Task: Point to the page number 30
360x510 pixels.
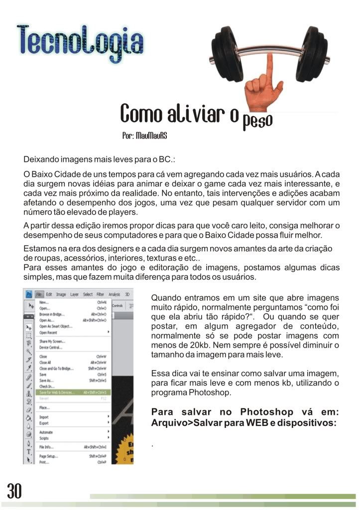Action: click(x=14, y=491)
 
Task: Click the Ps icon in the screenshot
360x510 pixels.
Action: click(x=29, y=294)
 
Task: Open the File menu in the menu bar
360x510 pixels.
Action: click(x=40, y=294)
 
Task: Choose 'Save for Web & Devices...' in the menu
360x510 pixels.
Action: click(x=56, y=392)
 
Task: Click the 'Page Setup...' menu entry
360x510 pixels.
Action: click(x=48, y=456)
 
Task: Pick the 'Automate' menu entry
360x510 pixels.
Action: click(x=46, y=432)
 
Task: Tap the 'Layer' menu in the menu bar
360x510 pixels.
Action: click(x=75, y=294)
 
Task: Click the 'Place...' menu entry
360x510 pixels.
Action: click(x=44, y=407)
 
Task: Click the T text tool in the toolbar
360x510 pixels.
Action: click(x=29, y=451)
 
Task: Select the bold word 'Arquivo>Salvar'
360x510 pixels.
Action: click(x=180, y=423)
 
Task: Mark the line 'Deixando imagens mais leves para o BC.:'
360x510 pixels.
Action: click(x=100, y=160)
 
